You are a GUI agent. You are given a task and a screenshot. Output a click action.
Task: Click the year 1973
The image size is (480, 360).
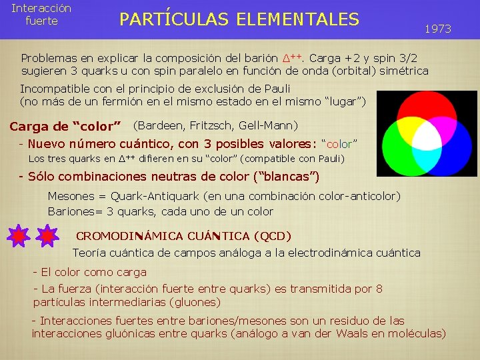pos(438,29)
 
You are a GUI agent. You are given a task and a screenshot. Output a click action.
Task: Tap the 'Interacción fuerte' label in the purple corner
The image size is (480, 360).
pos(41,14)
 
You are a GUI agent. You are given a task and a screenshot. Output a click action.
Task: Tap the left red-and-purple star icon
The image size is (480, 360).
pos(19,236)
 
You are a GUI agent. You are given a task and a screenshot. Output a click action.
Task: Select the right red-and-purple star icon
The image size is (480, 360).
pos(47,236)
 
